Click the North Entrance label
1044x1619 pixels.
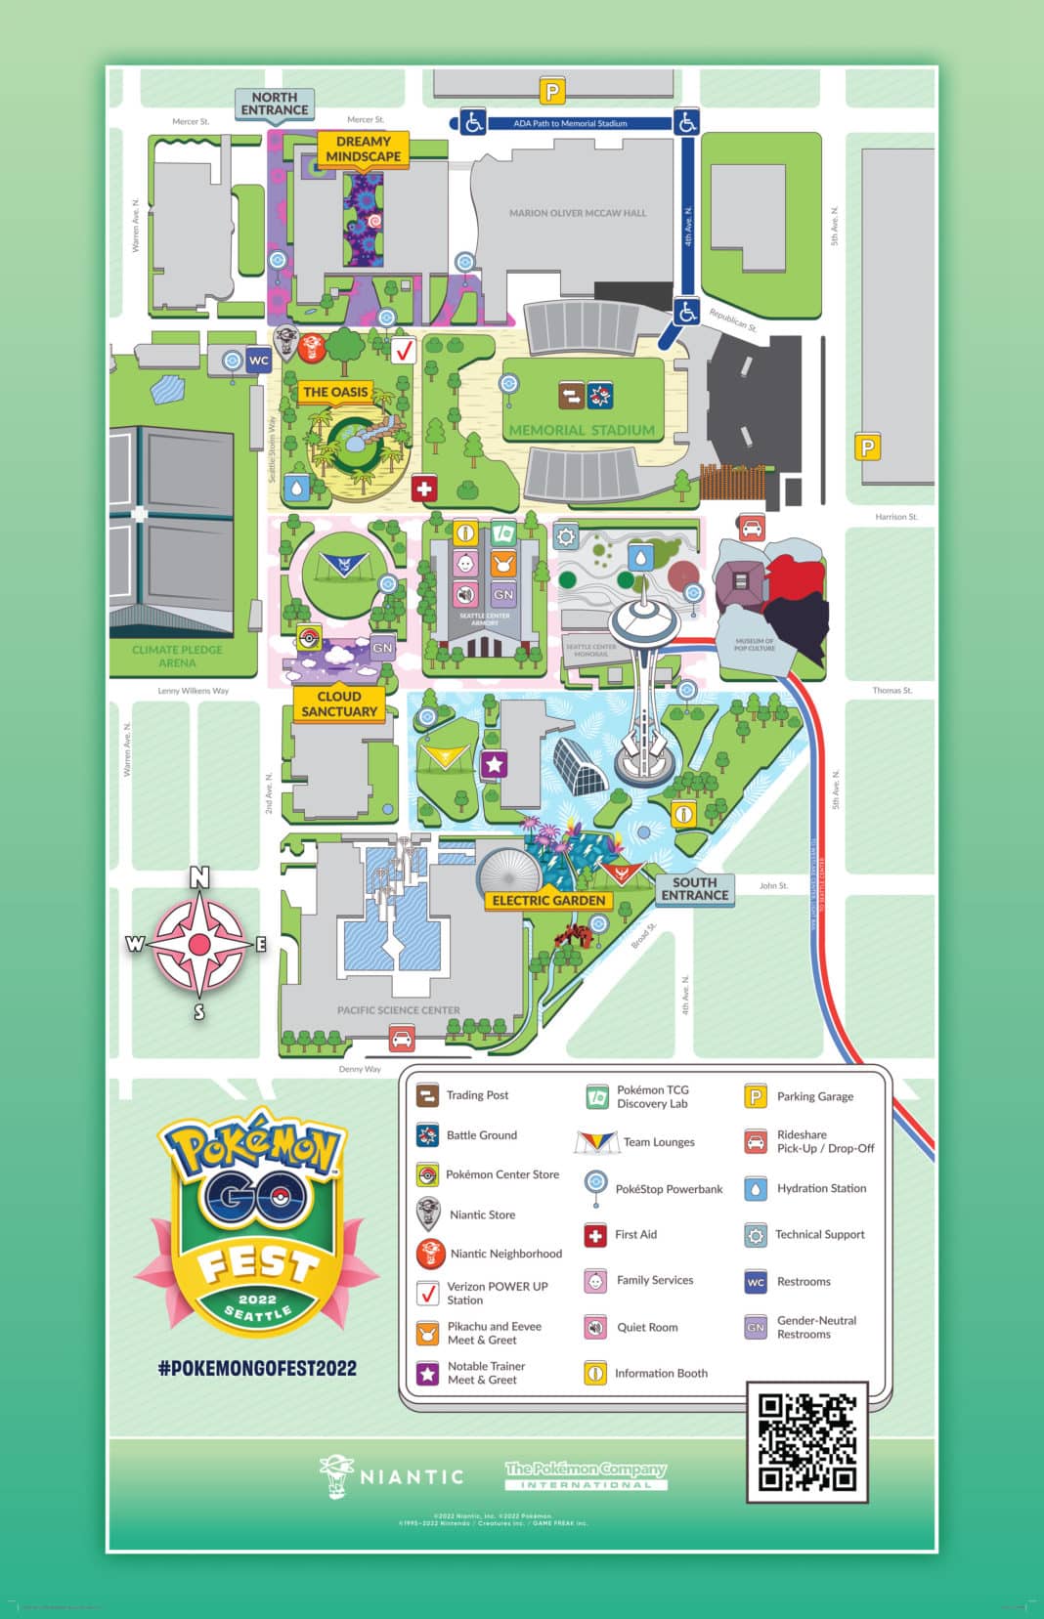(275, 104)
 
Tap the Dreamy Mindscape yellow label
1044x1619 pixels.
(363, 149)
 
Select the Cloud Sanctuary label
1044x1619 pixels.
(339, 703)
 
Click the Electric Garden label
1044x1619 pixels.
(548, 900)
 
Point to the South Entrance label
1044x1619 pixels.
(694, 888)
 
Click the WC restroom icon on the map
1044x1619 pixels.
(258, 360)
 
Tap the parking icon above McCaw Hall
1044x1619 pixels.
(552, 92)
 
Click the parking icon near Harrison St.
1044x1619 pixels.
(867, 447)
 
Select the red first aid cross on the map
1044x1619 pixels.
(424, 488)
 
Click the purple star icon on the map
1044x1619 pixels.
(495, 764)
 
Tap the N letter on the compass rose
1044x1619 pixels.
(199, 877)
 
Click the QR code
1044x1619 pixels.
(807, 1441)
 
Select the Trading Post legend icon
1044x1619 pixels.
(427, 1094)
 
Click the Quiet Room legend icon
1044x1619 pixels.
(595, 1327)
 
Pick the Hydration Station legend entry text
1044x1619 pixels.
(821, 1188)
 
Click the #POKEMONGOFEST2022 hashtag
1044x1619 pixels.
(257, 1368)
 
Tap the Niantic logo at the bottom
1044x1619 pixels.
(391, 1476)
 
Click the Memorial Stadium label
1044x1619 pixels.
(582, 429)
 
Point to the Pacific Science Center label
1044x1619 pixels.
(398, 1010)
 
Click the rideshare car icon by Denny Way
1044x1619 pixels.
(401, 1038)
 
